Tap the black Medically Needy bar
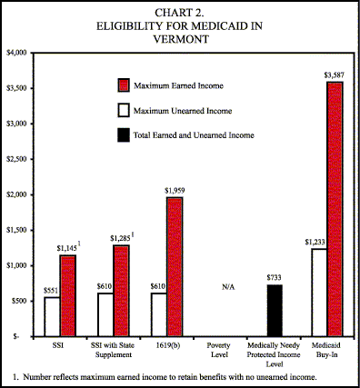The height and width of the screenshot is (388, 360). [x=274, y=310]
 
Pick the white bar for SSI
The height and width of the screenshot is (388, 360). [x=53, y=316]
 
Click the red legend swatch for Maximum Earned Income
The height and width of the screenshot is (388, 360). [x=124, y=86]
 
